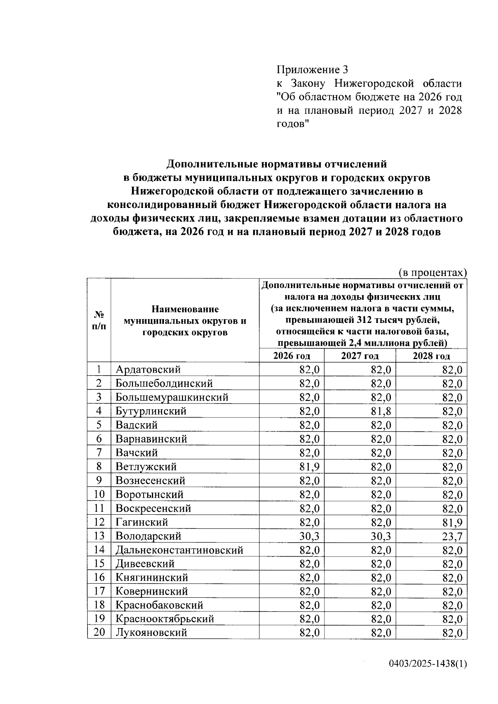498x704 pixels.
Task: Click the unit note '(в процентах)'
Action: click(432, 273)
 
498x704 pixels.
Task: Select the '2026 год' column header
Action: click(292, 356)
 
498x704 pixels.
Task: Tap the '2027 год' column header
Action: click(360, 356)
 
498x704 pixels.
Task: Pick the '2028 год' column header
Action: click(431, 356)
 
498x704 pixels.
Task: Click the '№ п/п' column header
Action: click(99, 320)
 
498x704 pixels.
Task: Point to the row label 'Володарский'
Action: click(148, 536)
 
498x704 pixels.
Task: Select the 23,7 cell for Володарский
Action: click(452, 536)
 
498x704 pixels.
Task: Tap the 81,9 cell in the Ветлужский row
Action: click(309, 467)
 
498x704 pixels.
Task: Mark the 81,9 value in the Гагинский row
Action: click(452, 523)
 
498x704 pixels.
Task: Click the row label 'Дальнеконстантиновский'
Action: click(179, 550)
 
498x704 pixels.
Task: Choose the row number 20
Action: click(99, 633)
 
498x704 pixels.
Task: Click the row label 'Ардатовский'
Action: click(148, 369)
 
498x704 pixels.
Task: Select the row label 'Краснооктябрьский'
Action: click(165, 619)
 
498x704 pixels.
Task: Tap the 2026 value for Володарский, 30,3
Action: click(309, 536)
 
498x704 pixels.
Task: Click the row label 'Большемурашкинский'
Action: click(172, 397)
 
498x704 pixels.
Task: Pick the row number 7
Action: click(99, 453)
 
